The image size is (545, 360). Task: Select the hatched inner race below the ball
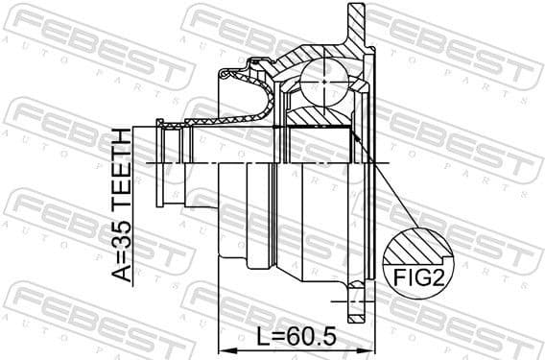321,117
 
